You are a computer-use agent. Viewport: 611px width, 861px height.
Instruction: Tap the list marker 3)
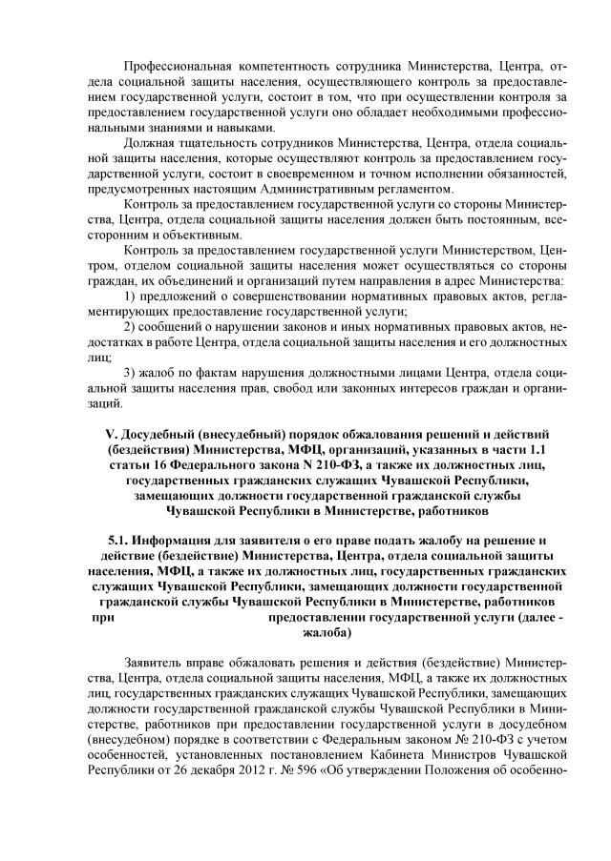[133, 372]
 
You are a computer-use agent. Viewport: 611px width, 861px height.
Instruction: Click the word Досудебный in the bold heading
[160, 434]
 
